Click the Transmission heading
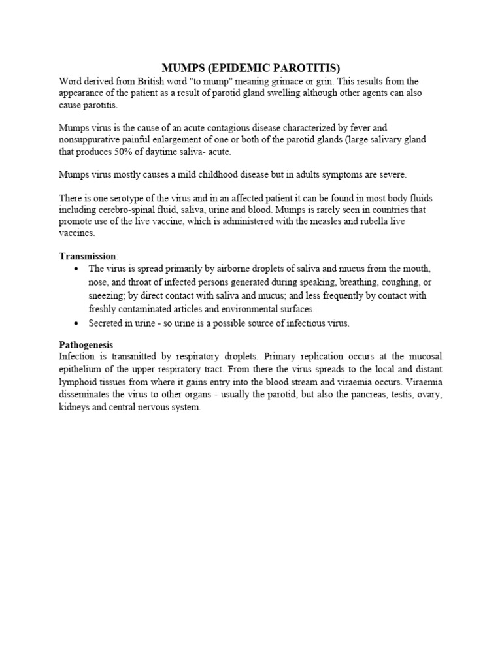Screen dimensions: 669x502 pos(85,256)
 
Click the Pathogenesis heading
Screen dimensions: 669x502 pos(86,344)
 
